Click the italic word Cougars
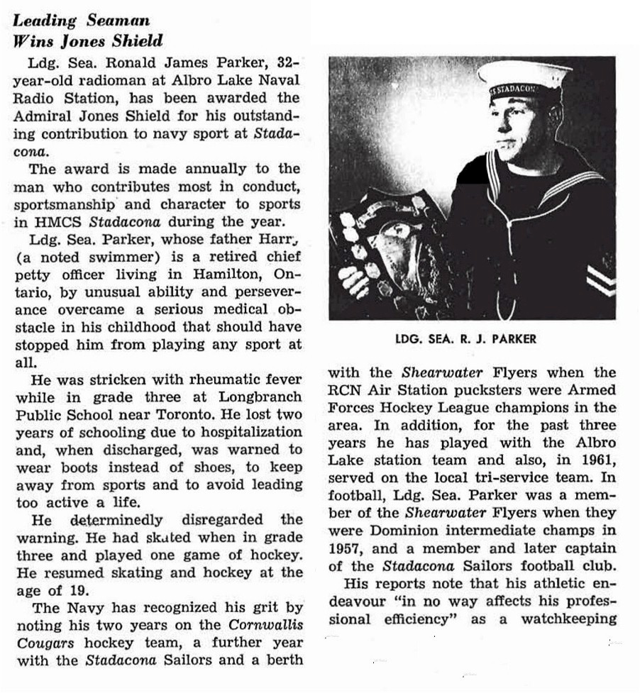point(40,643)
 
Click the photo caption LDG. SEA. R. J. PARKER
point(465,339)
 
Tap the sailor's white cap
point(524,75)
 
